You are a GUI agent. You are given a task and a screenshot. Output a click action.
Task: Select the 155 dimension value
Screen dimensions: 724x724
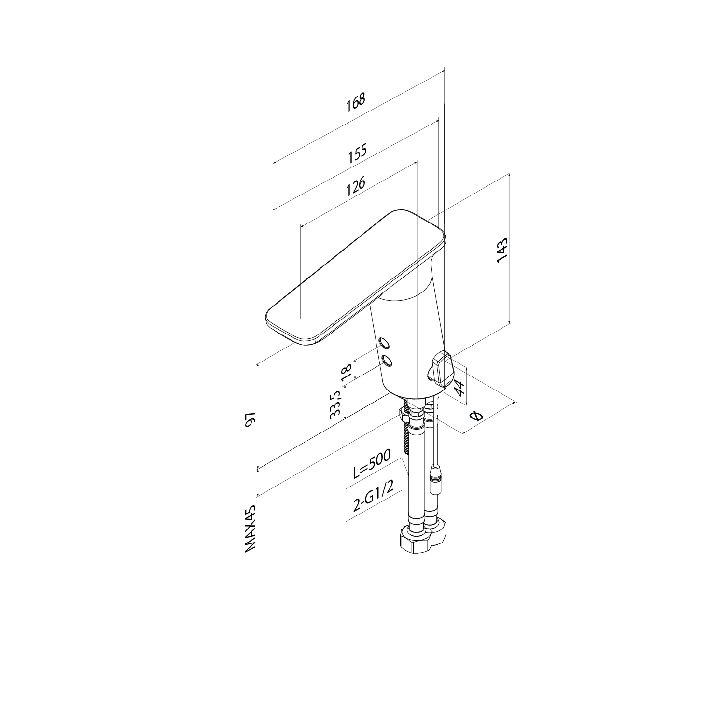pos(358,153)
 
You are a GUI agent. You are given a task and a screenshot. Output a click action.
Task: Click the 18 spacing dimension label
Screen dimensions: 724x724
pos(347,373)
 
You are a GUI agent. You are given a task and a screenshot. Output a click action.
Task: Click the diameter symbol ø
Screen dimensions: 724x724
pos(475,416)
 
